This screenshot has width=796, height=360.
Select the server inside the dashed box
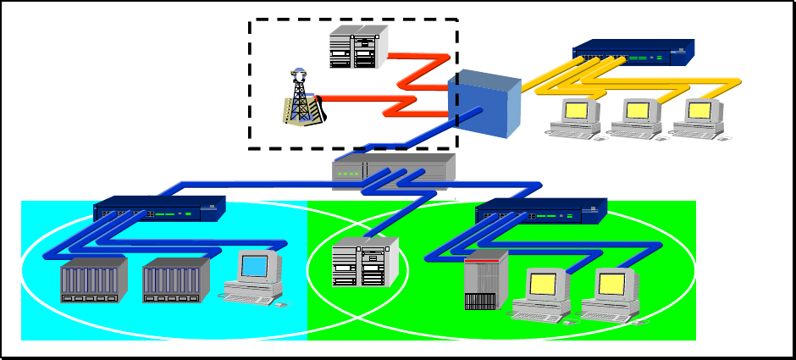(358, 47)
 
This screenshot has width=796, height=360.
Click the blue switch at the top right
(633, 53)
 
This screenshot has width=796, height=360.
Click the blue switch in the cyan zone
(159, 209)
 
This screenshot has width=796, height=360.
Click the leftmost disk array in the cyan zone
(93, 280)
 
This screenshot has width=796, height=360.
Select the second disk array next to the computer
(175, 280)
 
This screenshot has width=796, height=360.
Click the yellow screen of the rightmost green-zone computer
(611, 284)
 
